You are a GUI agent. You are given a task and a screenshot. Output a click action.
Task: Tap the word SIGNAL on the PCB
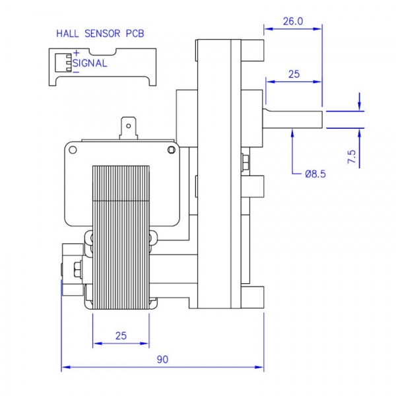click(90, 63)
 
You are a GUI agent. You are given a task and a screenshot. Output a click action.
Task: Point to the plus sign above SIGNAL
click(77, 53)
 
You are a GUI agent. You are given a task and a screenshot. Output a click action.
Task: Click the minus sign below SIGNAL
click(77, 72)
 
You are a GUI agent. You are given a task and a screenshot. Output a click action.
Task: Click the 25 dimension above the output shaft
click(294, 75)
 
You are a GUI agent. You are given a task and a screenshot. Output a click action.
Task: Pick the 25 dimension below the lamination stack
click(121, 335)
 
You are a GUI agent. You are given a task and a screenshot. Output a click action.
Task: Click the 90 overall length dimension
click(162, 360)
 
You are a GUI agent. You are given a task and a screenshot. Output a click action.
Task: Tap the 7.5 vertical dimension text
click(352, 156)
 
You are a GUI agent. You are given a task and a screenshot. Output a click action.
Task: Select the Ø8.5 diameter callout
click(315, 174)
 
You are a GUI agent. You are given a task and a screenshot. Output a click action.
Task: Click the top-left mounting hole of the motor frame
click(71, 150)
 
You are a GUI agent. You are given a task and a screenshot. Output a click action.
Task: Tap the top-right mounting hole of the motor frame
click(172, 150)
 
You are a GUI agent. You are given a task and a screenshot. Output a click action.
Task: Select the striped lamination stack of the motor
click(120, 231)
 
